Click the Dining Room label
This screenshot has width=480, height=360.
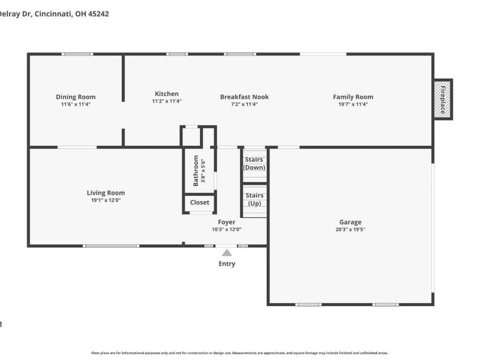click(76, 97)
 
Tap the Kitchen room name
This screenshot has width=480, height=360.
click(167, 94)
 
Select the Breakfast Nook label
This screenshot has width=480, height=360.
click(244, 97)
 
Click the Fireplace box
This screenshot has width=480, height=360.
click(443, 99)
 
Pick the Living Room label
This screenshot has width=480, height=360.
click(106, 193)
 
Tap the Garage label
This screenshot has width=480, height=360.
click(350, 222)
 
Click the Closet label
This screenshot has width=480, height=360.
click(200, 203)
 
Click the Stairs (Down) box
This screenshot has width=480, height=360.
click(254, 163)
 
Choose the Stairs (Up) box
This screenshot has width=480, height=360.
click(254, 200)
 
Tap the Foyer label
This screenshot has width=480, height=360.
click(226, 222)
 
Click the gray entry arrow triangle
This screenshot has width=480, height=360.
click(227, 253)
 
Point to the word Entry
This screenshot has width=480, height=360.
click(227, 264)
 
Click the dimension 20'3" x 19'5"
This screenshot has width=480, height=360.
click(350, 229)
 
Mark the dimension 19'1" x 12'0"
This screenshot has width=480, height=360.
click(106, 200)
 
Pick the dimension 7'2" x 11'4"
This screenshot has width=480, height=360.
click(244, 104)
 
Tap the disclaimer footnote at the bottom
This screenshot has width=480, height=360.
click(240, 353)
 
